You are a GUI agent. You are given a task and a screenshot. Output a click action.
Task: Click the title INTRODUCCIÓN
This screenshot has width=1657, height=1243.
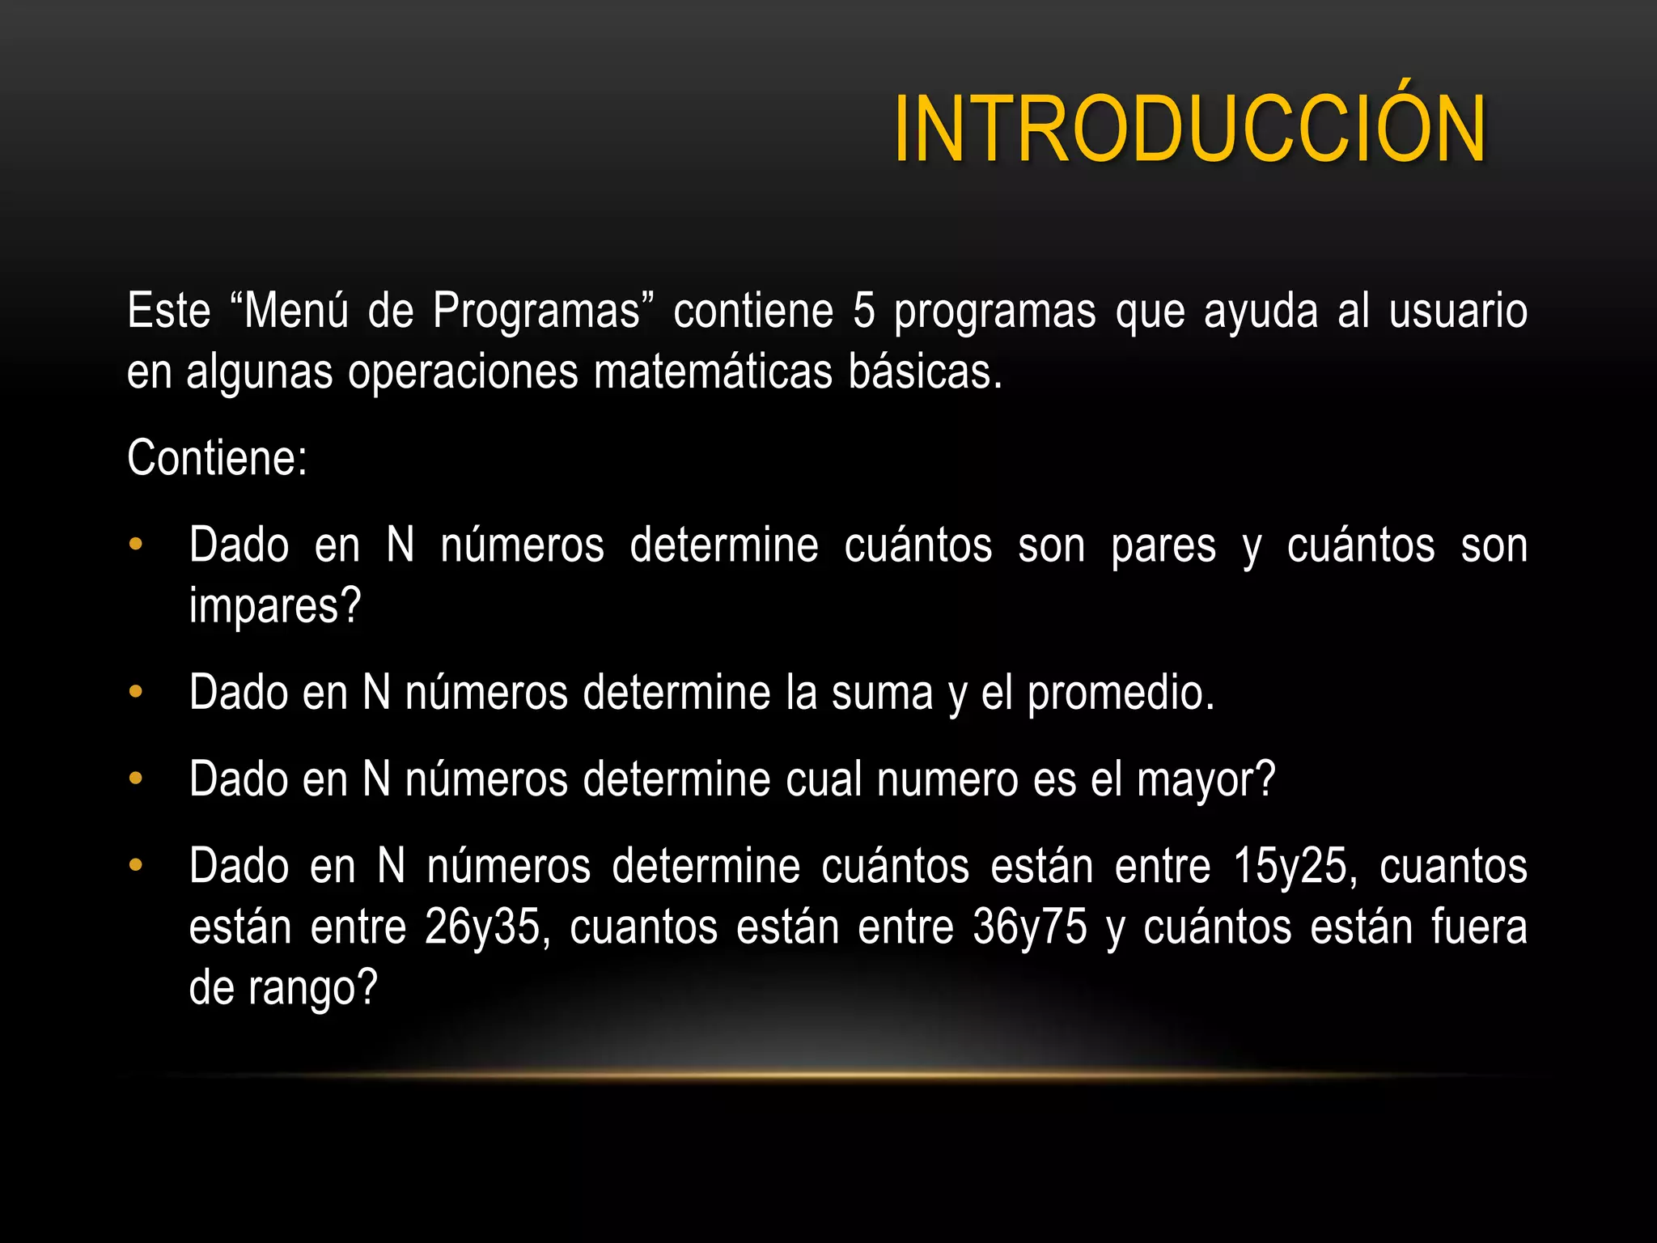tap(1189, 129)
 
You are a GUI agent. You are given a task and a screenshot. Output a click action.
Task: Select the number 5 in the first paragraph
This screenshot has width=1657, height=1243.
tap(864, 312)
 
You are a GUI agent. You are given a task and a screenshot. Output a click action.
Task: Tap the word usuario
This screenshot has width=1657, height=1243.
tap(1458, 312)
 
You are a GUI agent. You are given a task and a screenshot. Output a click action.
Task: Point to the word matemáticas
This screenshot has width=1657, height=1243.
tap(712, 373)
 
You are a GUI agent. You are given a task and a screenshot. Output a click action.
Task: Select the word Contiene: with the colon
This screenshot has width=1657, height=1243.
tap(217, 459)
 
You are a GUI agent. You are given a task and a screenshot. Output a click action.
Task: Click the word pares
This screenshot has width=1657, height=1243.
tap(1163, 545)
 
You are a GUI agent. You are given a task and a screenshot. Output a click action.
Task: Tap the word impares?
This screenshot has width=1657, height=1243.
tap(275, 607)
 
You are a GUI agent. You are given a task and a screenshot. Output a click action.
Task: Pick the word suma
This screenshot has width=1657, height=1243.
tap(882, 694)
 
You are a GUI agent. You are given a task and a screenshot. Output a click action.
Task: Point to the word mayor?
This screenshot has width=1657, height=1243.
tap(1206, 781)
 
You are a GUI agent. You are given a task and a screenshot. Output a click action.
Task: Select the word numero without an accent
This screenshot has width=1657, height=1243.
tap(947, 781)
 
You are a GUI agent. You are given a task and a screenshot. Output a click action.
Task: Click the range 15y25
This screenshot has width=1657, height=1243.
tap(1295, 868)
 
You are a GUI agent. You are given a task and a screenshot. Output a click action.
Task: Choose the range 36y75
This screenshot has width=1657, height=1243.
tap(1030, 928)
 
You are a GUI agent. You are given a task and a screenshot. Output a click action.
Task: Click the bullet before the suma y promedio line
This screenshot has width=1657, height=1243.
tap(136, 693)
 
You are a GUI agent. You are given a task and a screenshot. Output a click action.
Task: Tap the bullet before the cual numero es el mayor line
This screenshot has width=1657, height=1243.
tap(136, 779)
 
